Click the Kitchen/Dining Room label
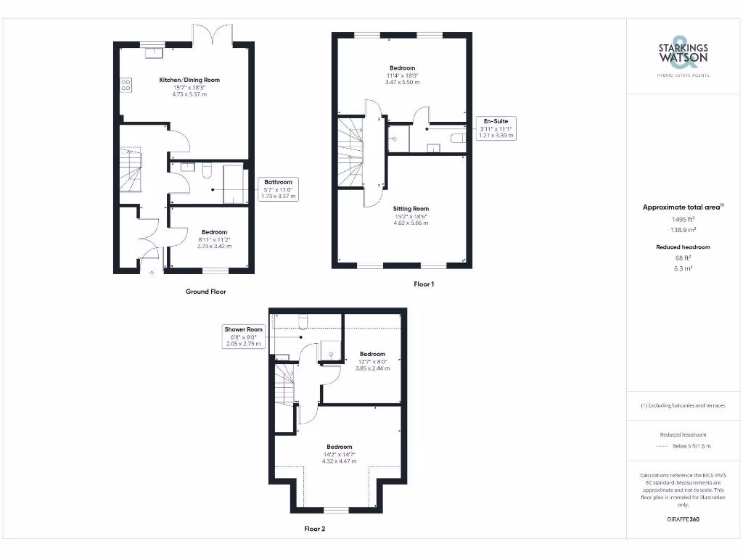tap(189, 80)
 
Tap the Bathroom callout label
tap(278, 182)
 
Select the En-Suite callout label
tap(496, 121)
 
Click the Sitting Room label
tap(411, 209)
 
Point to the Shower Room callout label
tap(243, 329)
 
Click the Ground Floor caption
tap(206, 292)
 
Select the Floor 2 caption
tap(314, 529)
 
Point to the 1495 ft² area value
tap(683, 218)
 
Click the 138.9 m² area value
tap(683, 229)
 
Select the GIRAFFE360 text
tap(683, 519)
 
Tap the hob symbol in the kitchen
tap(124, 85)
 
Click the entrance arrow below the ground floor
tap(152, 273)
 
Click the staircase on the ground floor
tap(131, 171)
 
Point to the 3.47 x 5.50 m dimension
tap(402, 82)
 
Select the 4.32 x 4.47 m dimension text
tap(339, 462)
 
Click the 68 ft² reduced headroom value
tap(683, 257)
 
